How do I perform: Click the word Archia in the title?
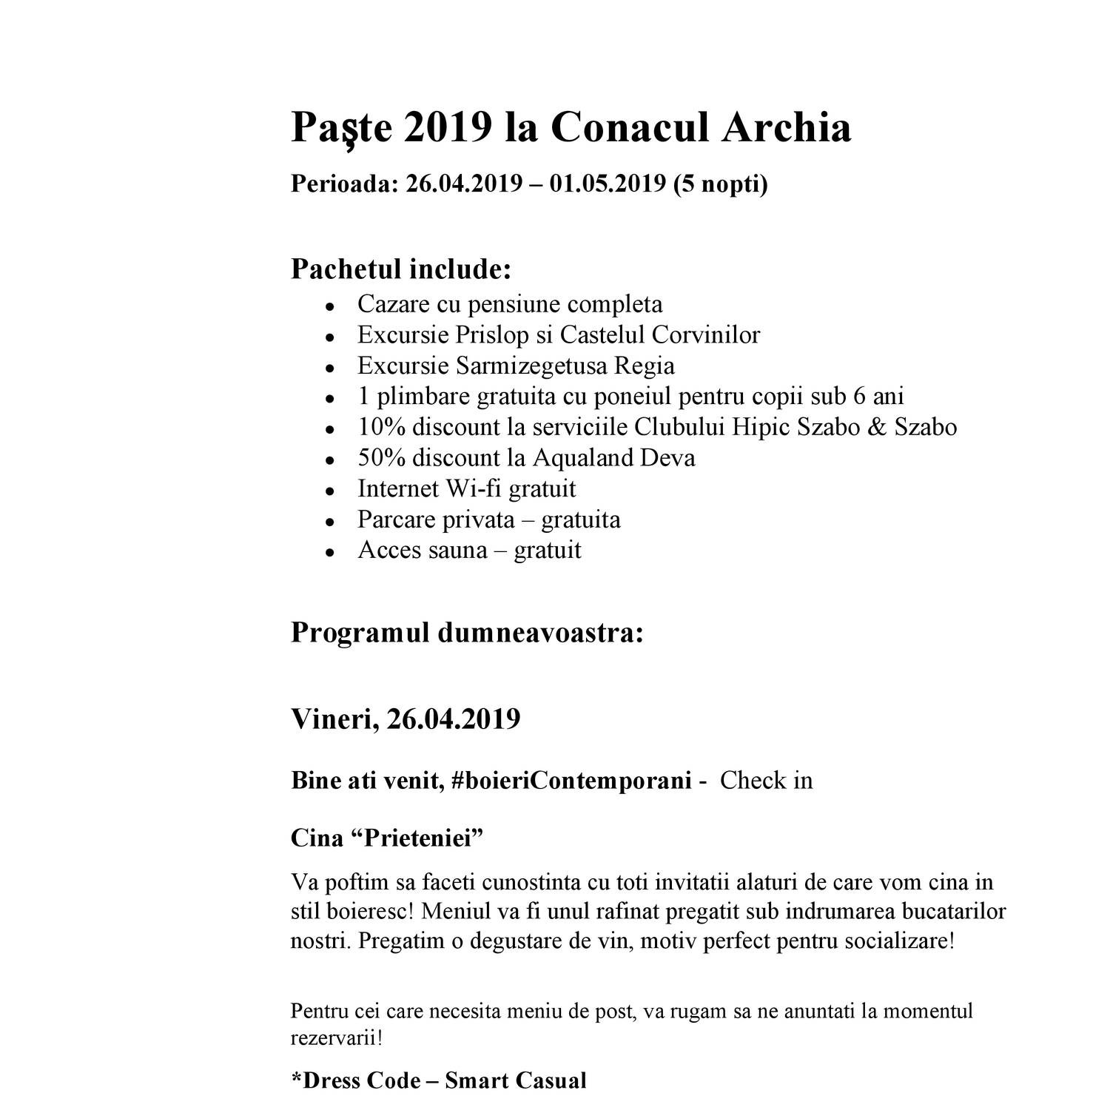pyautogui.click(x=787, y=127)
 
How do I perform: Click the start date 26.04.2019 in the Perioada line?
pyautogui.click(x=464, y=184)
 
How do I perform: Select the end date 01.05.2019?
pyautogui.click(x=608, y=184)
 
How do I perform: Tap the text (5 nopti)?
pyautogui.click(x=720, y=184)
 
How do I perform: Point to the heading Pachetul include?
pyautogui.click(x=401, y=269)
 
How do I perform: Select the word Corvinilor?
pyautogui.click(x=706, y=334)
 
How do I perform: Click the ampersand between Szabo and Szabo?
pyautogui.click(x=876, y=427)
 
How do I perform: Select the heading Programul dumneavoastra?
pyautogui.click(x=467, y=633)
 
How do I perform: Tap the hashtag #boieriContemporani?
pyautogui.click(x=570, y=780)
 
